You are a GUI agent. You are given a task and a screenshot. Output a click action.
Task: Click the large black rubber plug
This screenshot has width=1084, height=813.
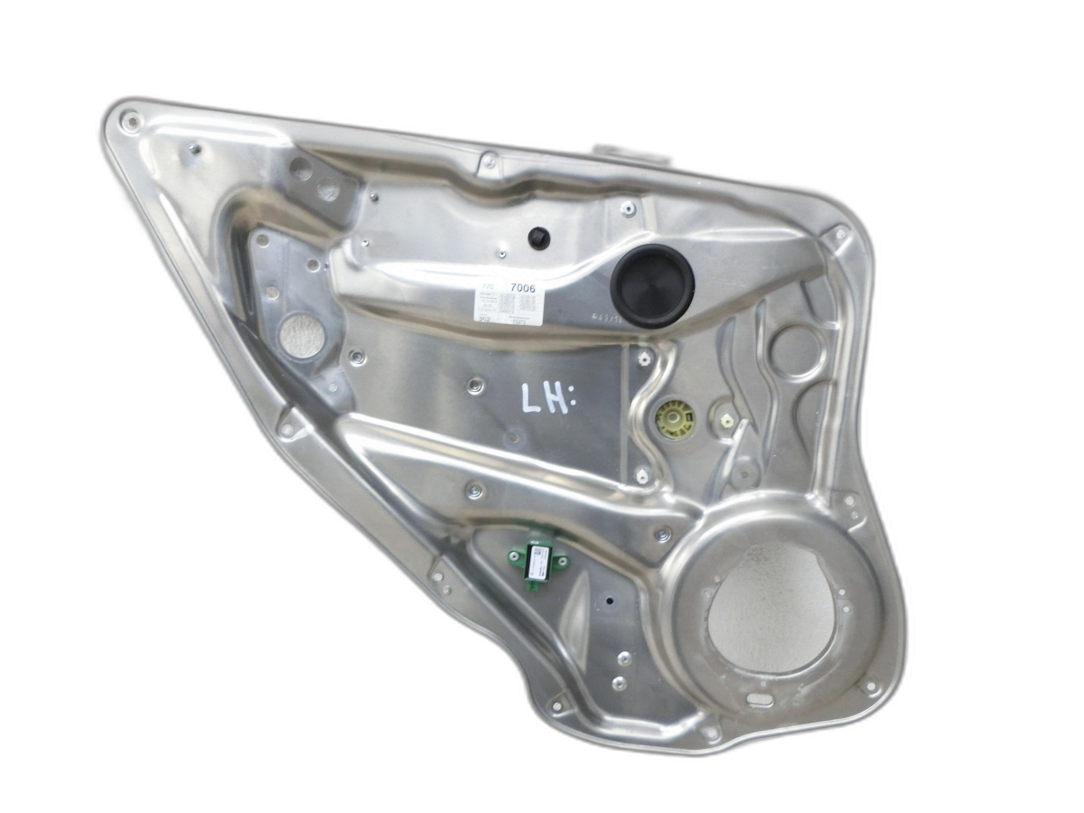click(652, 285)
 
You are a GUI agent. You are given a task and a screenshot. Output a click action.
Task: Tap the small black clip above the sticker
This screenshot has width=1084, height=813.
click(539, 238)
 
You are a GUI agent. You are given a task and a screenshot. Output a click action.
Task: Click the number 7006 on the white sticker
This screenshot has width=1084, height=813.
click(522, 289)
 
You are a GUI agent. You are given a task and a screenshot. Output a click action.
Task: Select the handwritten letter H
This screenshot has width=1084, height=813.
click(556, 398)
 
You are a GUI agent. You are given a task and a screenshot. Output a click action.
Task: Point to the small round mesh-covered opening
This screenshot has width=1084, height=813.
click(302, 335)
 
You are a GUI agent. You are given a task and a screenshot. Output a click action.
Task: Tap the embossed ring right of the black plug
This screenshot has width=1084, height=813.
click(796, 351)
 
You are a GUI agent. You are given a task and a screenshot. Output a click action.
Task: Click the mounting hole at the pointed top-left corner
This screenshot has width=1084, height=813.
click(132, 120)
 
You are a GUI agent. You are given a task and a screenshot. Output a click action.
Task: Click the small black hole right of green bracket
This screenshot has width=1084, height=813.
click(610, 600)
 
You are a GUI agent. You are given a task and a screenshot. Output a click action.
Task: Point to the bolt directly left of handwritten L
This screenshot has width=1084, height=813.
click(475, 386)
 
